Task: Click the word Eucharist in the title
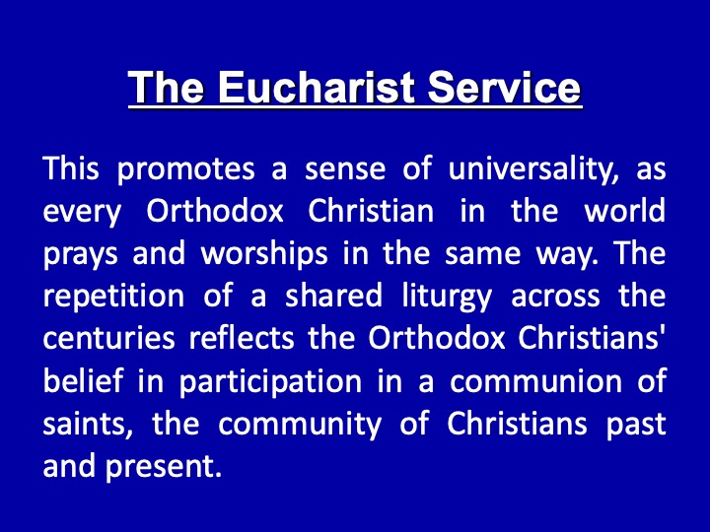click(x=317, y=87)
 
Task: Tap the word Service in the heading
click(x=504, y=87)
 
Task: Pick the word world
click(x=625, y=211)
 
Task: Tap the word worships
click(x=264, y=253)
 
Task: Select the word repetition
click(x=113, y=296)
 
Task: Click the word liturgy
click(x=447, y=297)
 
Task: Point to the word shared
click(x=333, y=296)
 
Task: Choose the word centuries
click(x=109, y=338)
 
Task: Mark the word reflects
click(x=242, y=337)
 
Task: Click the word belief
click(x=83, y=380)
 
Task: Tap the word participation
click(x=271, y=381)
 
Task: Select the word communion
click(x=536, y=381)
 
